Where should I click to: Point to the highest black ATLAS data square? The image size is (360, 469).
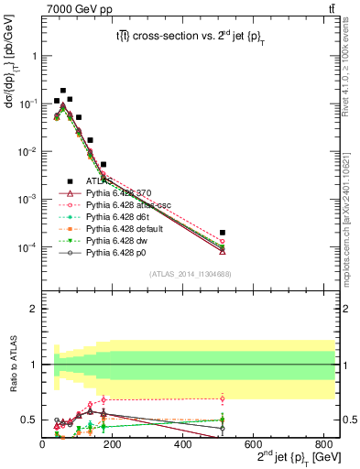(x=62, y=92)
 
